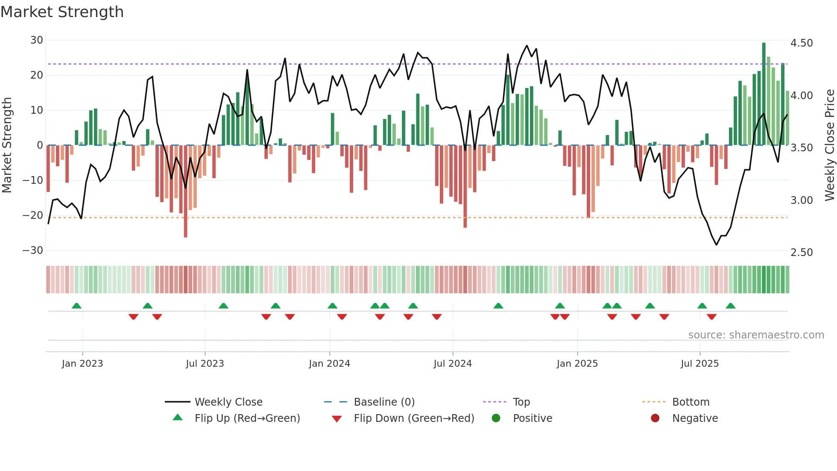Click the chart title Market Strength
62,12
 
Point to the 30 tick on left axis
37,40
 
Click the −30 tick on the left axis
33,250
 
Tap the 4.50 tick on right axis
801,43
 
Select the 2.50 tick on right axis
801,253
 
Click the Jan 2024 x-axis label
329,364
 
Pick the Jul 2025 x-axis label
699,364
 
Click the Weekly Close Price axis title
829,145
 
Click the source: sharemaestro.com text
756,335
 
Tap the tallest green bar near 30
764,94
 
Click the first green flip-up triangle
76,306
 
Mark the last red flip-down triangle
711,317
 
